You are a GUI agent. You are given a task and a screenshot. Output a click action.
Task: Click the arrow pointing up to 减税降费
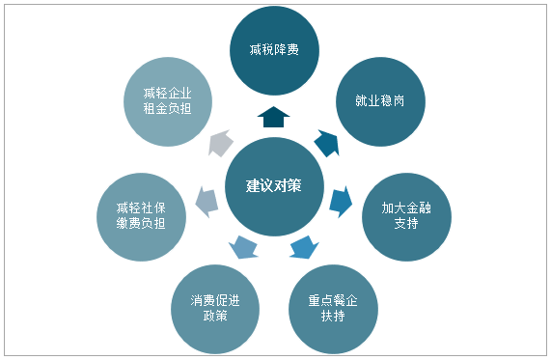[x=275, y=117]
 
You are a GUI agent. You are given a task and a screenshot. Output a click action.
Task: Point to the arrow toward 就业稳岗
[x=326, y=143]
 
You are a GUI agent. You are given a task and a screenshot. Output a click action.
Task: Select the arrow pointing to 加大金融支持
[x=340, y=201]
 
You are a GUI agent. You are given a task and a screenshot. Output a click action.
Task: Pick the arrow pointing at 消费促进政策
[x=244, y=248]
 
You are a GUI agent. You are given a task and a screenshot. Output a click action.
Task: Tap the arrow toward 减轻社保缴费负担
[x=205, y=202]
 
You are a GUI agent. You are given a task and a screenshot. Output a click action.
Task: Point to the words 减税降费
[x=275, y=48]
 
